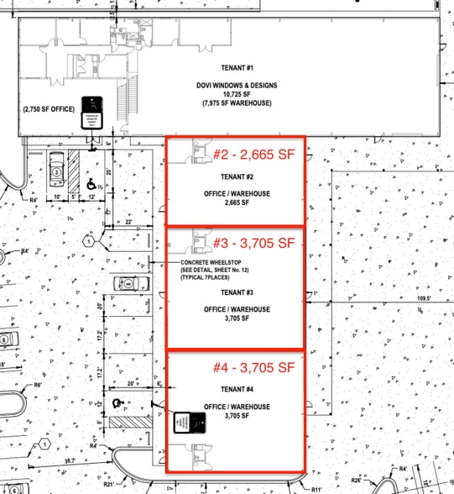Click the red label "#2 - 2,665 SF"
253,155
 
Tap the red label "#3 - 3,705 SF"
253,244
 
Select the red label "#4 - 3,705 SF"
253,367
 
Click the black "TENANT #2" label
237,176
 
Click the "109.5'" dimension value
434,297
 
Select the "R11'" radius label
316,489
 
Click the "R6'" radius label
38,385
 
